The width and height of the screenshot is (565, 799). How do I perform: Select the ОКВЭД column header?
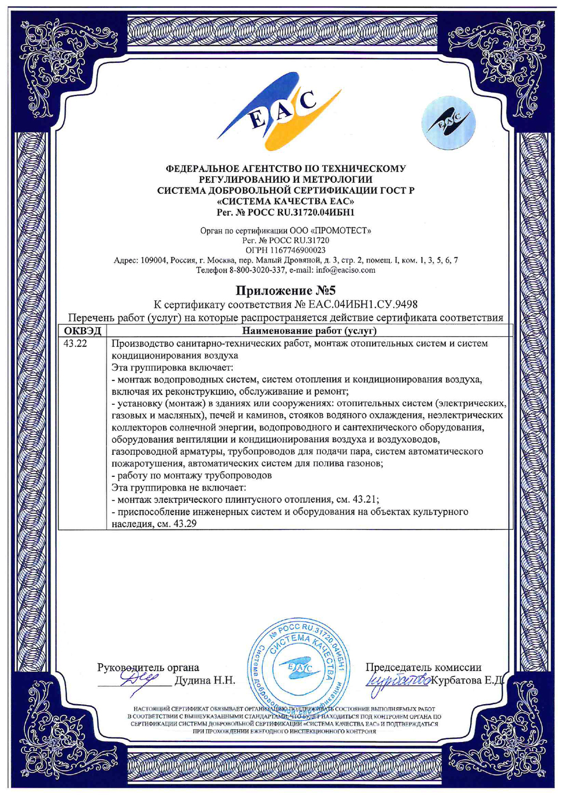(x=83, y=331)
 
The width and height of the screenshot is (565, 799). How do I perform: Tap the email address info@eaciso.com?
(x=349, y=270)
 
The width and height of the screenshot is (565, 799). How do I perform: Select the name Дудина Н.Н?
(x=204, y=680)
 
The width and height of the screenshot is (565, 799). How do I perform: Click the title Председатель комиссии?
(x=423, y=667)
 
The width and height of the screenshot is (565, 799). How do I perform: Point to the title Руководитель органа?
(x=148, y=667)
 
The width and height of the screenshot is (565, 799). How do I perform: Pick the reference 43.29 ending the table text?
(x=186, y=524)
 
